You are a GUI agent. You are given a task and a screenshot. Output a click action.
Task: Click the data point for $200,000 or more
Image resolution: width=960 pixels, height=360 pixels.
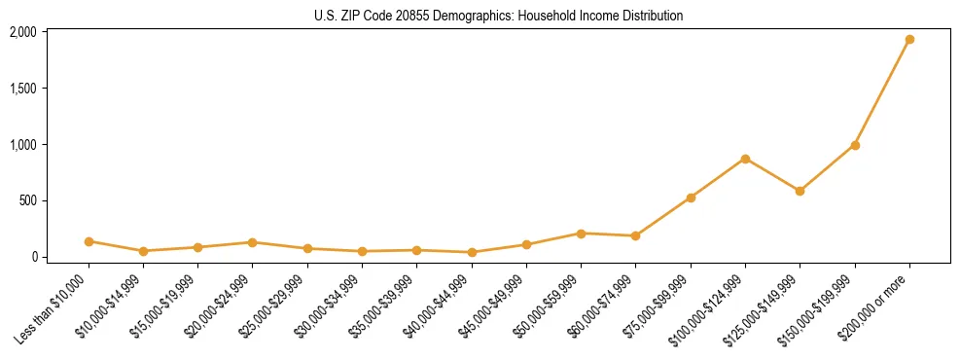pyautogui.click(x=909, y=40)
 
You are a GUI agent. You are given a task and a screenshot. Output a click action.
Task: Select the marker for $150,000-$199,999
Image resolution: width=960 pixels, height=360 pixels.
pyautogui.click(x=855, y=146)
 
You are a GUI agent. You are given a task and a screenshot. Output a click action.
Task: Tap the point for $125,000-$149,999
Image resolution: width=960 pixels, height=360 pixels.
pyautogui.click(x=800, y=191)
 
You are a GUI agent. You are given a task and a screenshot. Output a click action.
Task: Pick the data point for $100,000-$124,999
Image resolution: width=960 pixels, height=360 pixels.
pyautogui.click(x=745, y=159)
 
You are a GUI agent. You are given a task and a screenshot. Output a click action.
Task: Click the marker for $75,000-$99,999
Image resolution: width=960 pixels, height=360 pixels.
pyautogui.click(x=691, y=198)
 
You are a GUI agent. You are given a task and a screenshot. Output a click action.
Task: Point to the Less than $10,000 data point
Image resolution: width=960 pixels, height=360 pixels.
pyautogui.click(x=89, y=241)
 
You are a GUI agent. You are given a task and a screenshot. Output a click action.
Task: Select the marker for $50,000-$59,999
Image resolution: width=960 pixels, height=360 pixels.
pyautogui.click(x=581, y=234)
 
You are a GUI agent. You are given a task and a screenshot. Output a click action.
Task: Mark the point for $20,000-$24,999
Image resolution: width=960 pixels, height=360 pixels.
pyautogui.click(x=253, y=242)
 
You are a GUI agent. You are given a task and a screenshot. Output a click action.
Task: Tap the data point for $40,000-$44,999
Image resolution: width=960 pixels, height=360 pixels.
pyautogui.click(x=472, y=252)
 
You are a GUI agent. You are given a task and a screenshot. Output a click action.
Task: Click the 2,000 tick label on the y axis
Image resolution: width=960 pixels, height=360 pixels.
pyautogui.click(x=22, y=32)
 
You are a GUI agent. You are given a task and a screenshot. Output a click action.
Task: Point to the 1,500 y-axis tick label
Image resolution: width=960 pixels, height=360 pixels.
pyautogui.click(x=22, y=89)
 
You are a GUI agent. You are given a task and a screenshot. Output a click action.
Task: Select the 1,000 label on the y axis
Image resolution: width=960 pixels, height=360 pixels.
pyautogui.click(x=22, y=145)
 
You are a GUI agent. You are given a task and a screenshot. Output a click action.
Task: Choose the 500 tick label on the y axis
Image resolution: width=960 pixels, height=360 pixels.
pyautogui.click(x=26, y=201)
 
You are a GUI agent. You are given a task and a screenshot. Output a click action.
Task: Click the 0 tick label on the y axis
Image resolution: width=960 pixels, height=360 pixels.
pyautogui.click(x=32, y=258)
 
